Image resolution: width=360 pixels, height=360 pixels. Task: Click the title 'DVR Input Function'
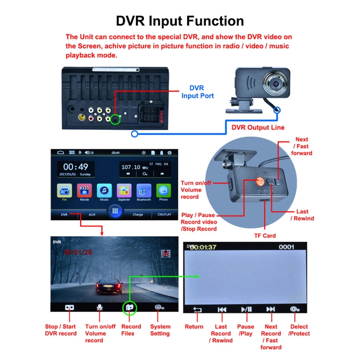point(180,21)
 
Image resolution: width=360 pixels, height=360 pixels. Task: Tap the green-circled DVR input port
point(115,119)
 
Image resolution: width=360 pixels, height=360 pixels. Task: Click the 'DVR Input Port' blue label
point(197,92)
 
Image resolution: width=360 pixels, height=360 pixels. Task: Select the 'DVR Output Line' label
point(258,127)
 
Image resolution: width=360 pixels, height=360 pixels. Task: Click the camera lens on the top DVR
point(276,83)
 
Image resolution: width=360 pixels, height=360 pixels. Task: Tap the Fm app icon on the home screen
point(64,189)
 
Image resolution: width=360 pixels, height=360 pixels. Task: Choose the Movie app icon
point(84,189)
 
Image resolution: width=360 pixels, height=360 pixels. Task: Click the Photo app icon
point(164,189)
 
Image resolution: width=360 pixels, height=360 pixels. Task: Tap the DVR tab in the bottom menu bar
point(64,215)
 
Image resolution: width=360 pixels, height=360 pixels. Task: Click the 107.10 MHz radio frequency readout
point(131,167)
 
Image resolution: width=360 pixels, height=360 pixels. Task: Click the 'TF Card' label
point(264,236)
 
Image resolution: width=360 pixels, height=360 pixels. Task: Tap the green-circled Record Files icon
point(129,307)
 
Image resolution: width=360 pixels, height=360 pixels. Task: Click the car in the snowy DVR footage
point(108,287)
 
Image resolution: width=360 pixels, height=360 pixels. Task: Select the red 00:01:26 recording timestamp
point(79,252)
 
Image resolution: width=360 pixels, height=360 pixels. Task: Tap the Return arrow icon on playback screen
point(197,310)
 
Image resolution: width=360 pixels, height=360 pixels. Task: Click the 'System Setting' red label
point(160,330)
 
